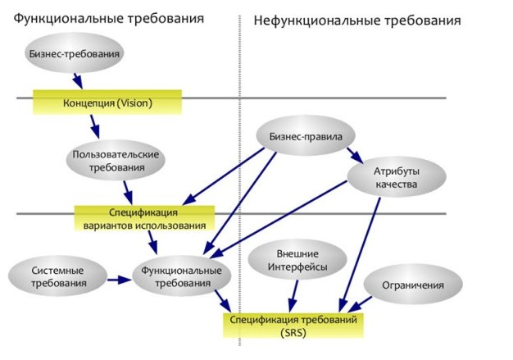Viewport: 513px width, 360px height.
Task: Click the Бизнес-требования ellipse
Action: point(75,55)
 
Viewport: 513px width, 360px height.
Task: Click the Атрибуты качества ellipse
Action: point(396,177)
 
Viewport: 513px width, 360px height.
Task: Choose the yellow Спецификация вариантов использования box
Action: point(144,217)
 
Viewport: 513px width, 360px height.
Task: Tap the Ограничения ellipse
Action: point(413,285)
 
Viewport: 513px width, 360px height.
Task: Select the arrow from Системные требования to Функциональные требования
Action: point(119,279)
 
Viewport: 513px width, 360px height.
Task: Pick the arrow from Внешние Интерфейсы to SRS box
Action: point(293,295)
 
